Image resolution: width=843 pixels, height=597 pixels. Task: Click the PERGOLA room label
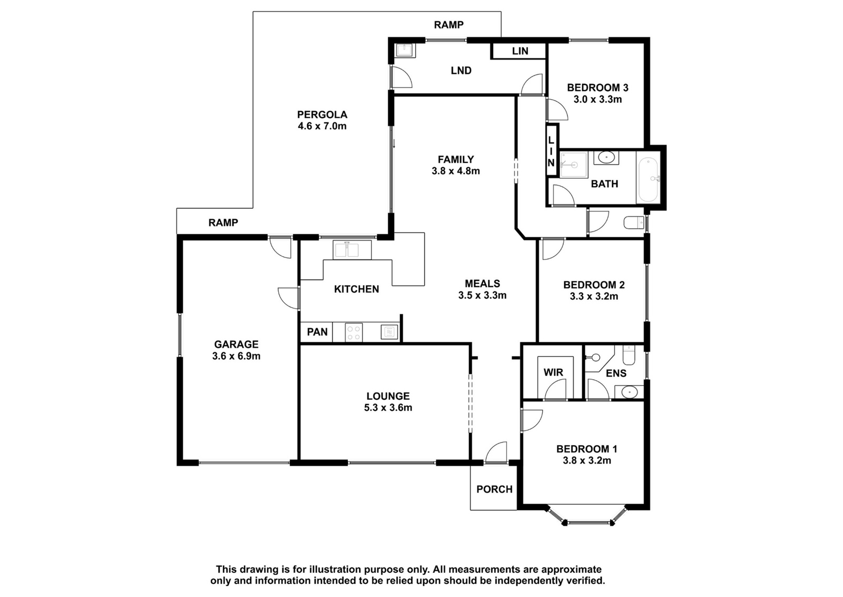[x=322, y=114]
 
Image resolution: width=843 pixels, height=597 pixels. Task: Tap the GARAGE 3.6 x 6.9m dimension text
[x=237, y=356]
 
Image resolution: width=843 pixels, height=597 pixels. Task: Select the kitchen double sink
[x=352, y=250]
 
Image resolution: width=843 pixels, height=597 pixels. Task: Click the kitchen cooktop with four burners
[x=354, y=333]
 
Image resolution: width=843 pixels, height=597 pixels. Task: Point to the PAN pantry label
[x=317, y=332]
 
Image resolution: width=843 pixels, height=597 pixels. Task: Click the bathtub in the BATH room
[x=647, y=180]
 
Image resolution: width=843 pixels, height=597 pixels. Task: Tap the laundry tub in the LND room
[x=405, y=51]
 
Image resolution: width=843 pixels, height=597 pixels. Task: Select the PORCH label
[x=495, y=489]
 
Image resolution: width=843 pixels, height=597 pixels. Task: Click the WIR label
[x=553, y=372]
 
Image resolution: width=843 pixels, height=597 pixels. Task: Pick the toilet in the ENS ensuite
[x=629, y=355]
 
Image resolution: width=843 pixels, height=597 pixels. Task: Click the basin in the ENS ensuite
[x=629, y=392]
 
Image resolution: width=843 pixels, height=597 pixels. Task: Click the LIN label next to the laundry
[x=520, y=51]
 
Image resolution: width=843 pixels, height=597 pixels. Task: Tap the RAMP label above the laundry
[x=448, y=25]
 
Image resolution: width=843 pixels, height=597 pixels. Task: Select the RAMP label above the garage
[x=223, y=223]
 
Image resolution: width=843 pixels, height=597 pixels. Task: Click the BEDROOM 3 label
[x=597, y=88]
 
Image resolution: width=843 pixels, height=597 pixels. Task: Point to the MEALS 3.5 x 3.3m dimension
[x=483, y=295]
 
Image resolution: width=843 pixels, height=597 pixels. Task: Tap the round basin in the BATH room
[x=606, y=157]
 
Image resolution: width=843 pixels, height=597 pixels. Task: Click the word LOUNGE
[x=388, y=396]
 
